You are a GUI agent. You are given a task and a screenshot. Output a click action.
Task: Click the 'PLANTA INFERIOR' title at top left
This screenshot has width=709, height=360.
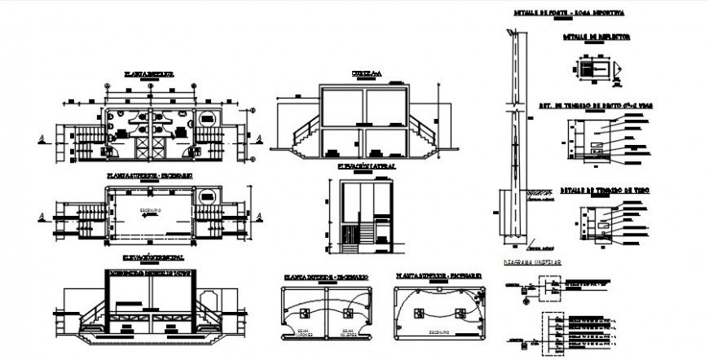pyautogui.click(x=149, y=73)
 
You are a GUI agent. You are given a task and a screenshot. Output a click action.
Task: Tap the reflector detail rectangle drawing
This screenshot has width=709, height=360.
pyautogui.click(x=598, y=68)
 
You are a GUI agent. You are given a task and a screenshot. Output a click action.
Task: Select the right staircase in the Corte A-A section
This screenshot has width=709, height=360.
pyautogui.click(x=425, y=133)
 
